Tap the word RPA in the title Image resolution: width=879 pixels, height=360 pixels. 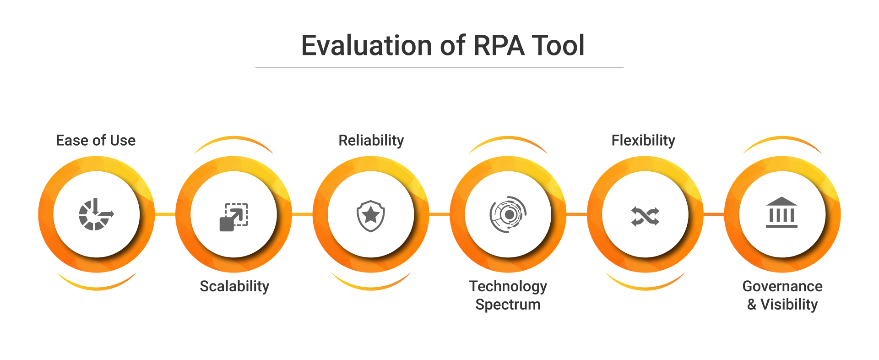[x=499, y=46]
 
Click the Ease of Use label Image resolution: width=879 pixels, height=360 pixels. [x=96, y=140]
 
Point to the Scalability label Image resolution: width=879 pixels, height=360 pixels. [x=234, y=286]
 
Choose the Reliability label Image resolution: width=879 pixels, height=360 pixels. [x=371, y=140]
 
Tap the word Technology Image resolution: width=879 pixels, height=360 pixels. [x=508, y=286]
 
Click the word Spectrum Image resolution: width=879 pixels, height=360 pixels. [x=508, y=305]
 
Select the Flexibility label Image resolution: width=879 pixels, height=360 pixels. [x=643, y=140]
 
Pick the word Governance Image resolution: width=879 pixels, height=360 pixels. [x=782, y=286]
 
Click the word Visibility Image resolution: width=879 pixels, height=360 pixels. [x=789, y=305]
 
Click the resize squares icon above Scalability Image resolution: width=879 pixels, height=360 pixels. [x=234, y=217]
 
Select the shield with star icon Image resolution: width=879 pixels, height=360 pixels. [x=371, y=215]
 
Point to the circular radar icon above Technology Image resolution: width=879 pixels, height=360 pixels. [x=508, y=214]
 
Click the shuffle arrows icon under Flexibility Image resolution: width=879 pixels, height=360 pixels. [x=645, y=216]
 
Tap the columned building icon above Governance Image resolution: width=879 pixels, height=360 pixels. [x=781, y=213]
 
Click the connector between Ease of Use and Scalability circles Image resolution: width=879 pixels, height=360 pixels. [x=165, y=214]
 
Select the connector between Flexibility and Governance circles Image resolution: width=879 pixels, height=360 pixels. [x=714, y=214]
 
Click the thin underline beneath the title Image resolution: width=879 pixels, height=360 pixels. [x=439, y=67]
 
